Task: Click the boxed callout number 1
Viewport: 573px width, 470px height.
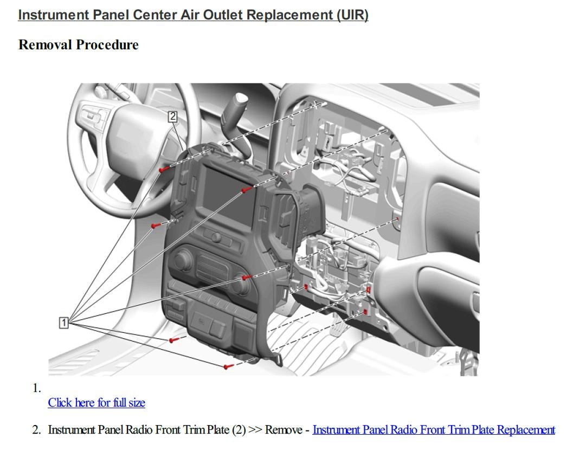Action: tap(63, 323)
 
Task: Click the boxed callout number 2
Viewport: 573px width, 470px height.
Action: tap(172, 116)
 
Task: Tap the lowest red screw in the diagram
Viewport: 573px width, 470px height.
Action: tap(228, 367)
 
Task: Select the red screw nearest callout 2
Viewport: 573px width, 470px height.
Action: tap(162, 170)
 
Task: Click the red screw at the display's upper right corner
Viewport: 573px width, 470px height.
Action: tap(246, 190)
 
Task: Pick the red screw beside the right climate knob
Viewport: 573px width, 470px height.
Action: tap(246, 278)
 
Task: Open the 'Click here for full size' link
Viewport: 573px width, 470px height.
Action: tap(96, 403)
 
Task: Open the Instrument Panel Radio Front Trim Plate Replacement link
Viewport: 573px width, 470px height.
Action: tap(434, 430)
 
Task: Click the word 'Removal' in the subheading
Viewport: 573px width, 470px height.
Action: tap(44, 45)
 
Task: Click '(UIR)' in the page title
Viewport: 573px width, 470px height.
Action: tap(352, 15)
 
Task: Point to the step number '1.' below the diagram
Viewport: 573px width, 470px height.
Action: tap(37, 388)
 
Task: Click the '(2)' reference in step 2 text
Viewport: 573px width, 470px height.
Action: tap(239, 430)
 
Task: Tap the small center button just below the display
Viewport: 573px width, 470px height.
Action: tap(215, 237)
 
